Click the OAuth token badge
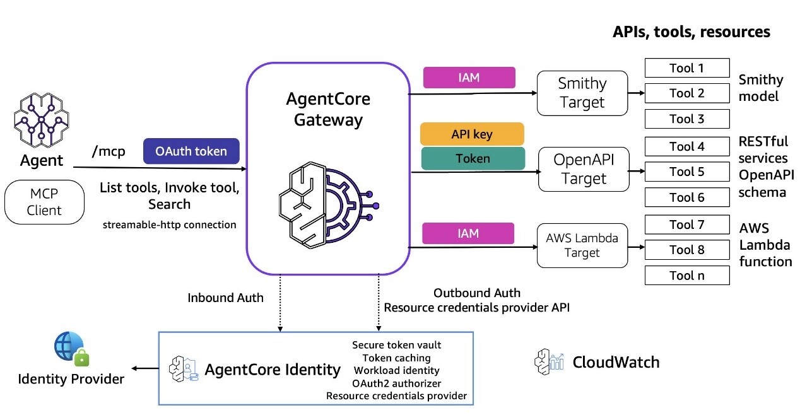click(192, 151)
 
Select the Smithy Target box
click(582, 93)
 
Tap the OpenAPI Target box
click(583, 169)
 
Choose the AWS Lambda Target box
click(582, 245)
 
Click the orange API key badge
click(472, 134)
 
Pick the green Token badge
click(473, 158)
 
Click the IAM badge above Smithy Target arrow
click(469, 78)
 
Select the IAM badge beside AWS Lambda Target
click(469, 233)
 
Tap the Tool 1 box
click(686, 68)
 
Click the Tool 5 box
click(686, 172)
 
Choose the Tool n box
click(686, 276)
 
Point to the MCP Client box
click(44, 202)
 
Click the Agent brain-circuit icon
click(41, 119)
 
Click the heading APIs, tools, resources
click(691, 32)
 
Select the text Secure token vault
click(396, 345)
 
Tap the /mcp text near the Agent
click(108, 152)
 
